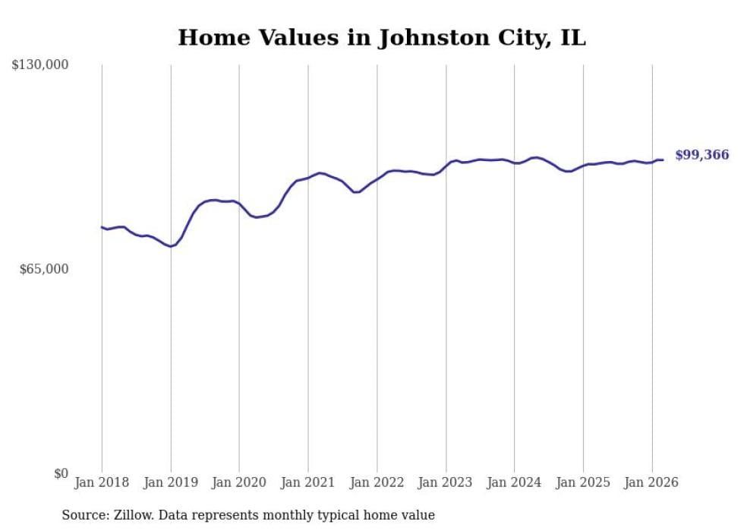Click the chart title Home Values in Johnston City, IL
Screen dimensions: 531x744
point(381,37)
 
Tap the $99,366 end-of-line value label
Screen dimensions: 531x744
point(701,155)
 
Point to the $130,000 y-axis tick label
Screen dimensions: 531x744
point(40,65)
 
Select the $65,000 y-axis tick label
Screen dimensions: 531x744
point(43,269)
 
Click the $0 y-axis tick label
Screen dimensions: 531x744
point(61,473)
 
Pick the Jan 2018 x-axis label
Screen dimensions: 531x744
point(102,482)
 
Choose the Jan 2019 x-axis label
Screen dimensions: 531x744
point(171,482)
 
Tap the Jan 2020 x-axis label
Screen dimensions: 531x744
point(239,482)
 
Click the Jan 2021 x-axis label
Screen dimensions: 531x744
point(308,482)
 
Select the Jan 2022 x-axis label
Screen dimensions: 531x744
point(377,482)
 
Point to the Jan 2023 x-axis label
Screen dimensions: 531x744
point(446,482)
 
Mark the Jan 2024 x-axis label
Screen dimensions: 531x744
point(515,482)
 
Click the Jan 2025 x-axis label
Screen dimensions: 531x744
point(583,482)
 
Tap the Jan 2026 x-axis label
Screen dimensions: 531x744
point(651,482)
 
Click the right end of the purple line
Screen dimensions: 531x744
point(663,160)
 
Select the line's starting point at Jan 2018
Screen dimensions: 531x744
point(102,227)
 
